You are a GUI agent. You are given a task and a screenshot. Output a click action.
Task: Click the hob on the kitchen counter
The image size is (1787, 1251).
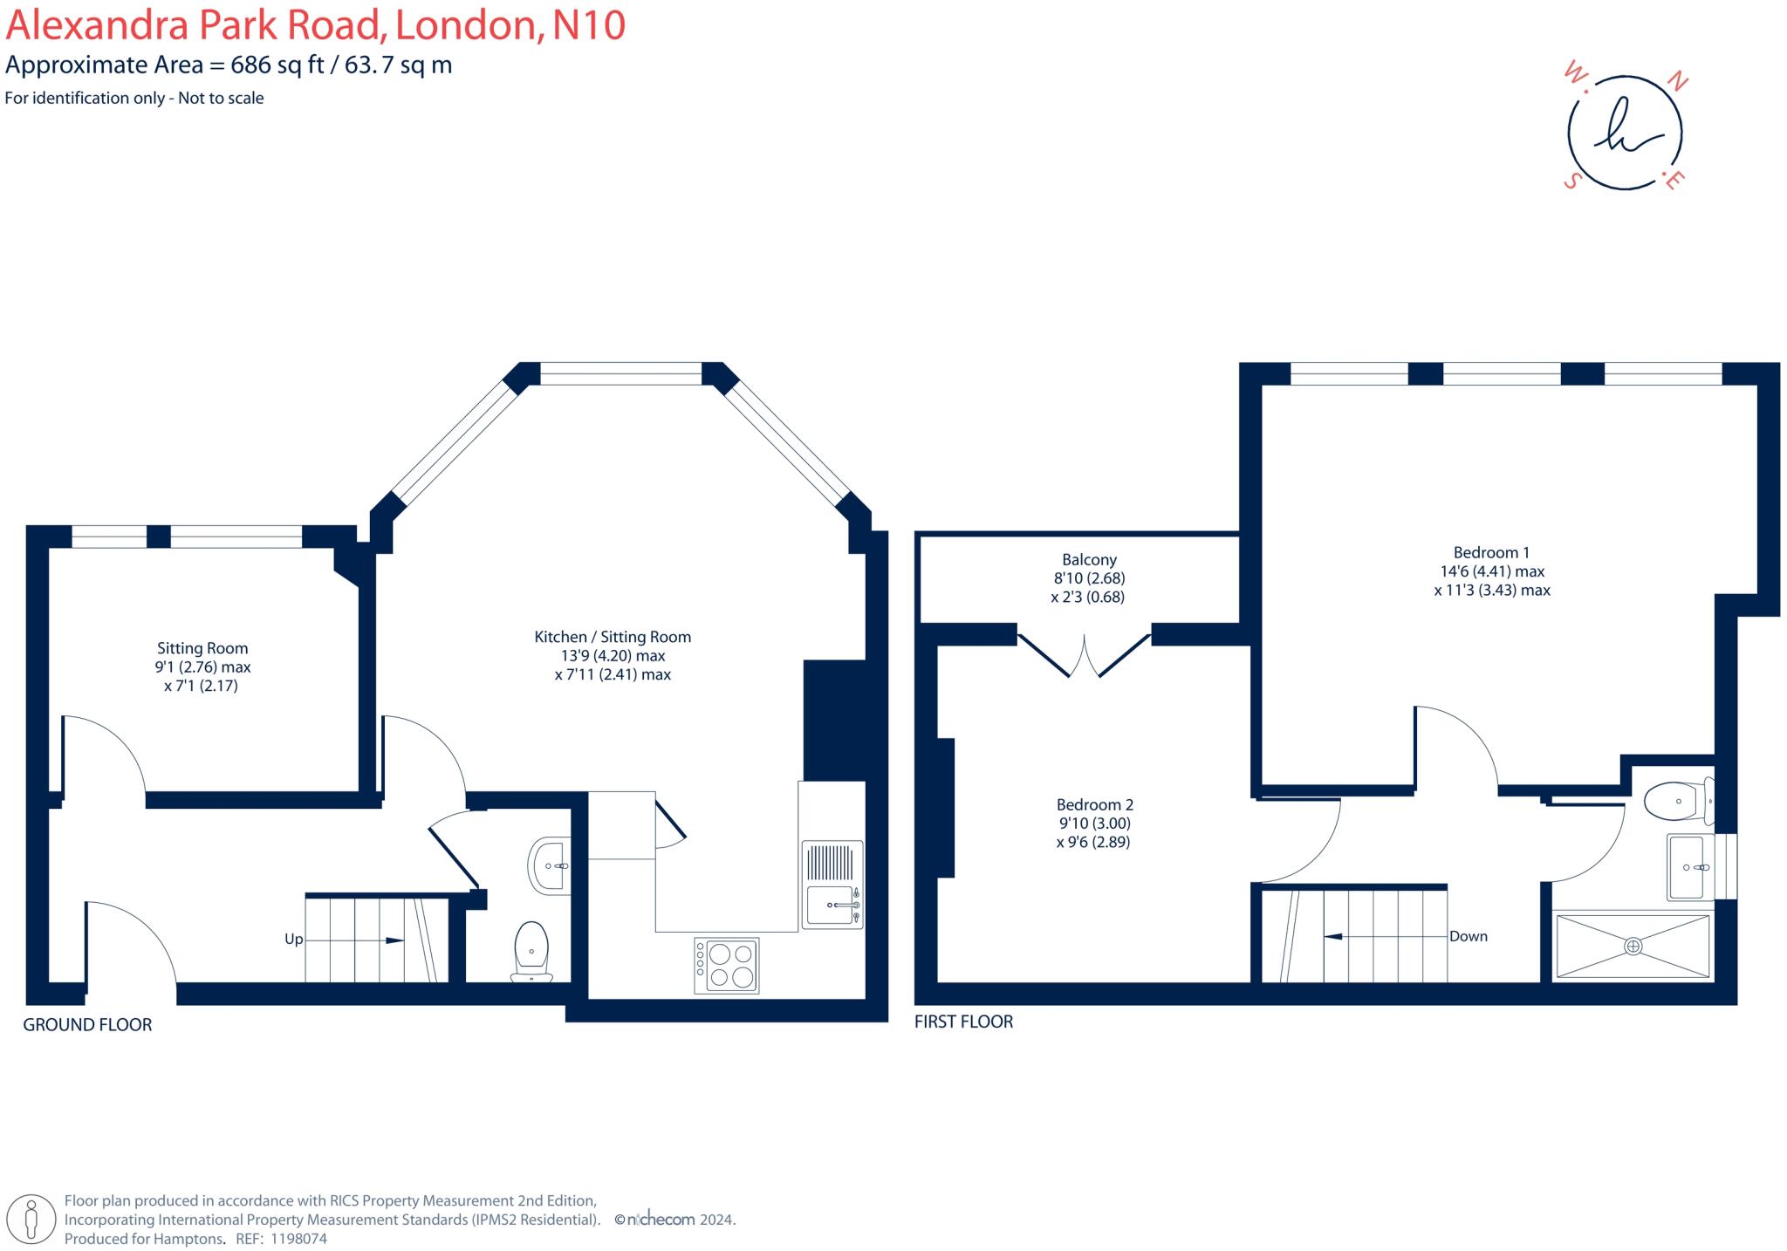pos(726,966)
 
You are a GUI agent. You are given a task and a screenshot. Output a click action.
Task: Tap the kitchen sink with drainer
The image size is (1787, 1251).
pos(832,884)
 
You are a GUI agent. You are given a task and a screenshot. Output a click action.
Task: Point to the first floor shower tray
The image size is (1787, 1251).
pos(1633,946)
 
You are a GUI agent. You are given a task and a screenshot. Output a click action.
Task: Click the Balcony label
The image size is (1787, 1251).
pos(1089,560)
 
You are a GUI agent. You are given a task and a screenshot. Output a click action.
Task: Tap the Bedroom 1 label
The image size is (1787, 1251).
pos(1491,552)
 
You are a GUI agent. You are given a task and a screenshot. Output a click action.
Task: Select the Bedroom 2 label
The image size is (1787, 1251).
pos(1094,804)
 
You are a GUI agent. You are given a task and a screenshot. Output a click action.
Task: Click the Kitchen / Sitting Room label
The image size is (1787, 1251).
pos(613,637)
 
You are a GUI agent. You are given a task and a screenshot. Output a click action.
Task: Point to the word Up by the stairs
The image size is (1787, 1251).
pos(294,940)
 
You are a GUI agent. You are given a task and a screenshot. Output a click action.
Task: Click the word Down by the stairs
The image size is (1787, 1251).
pos(1468,936)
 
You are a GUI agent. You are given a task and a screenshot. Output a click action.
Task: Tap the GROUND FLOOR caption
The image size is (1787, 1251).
pos(87,1025)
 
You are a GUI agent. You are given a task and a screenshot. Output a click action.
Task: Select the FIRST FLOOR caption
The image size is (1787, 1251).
pos(963,1022)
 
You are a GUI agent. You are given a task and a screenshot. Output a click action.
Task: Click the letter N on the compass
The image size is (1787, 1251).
pos(1677,83)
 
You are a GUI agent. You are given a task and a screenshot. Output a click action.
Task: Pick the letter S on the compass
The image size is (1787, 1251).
pos(1572,181)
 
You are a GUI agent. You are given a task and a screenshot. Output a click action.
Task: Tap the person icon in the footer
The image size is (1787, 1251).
pos(32,1218)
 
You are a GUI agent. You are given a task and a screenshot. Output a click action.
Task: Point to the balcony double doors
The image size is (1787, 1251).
pos(1085,655)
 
